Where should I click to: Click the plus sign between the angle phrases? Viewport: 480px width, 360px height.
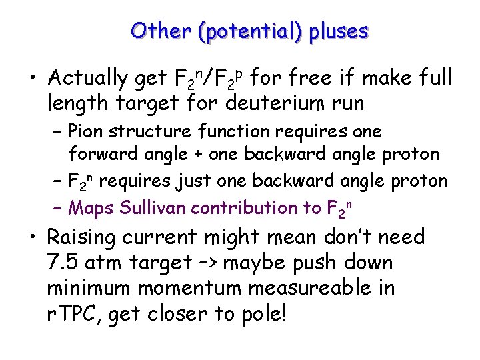point(199,155)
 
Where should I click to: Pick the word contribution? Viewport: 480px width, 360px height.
point(254,207)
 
